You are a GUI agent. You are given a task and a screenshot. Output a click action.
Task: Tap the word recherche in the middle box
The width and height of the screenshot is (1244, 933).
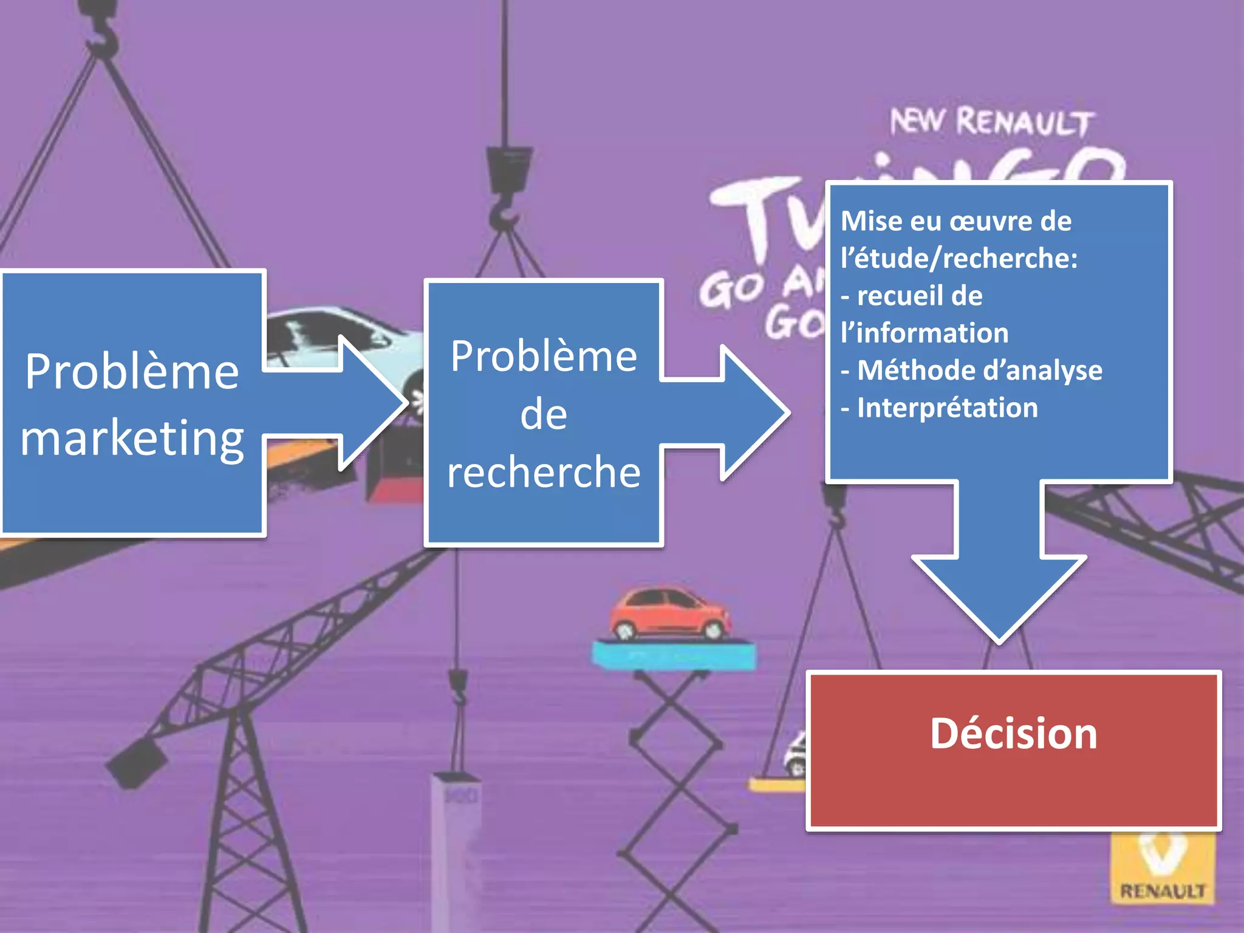pyautogui.click(x=544, y=472)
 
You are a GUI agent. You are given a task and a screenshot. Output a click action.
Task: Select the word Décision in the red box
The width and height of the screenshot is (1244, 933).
pyautogui.click(x=1013, y=734)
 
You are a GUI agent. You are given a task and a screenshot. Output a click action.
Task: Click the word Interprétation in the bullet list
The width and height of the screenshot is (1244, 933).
pyautogui.click(x=947, y=408)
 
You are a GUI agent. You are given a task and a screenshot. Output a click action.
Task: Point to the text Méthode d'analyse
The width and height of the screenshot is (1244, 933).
pyautogui.click(x=979, y=371)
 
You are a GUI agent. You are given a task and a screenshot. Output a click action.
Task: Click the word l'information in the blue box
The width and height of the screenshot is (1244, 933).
pyautogui.click(x=924, y=333)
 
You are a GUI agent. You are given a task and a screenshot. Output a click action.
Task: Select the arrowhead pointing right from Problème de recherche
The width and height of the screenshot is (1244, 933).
pyautogui.click(x=753, y=412)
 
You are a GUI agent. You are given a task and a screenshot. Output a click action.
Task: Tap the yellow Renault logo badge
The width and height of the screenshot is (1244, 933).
pyautogui.click(x=1161, y=868)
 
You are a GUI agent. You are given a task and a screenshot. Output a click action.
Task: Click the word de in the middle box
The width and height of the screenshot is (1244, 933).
pyautogui.click(x=544, y=415)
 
